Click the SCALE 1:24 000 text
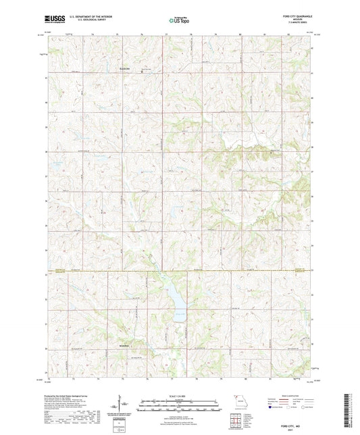tap(180, 395)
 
